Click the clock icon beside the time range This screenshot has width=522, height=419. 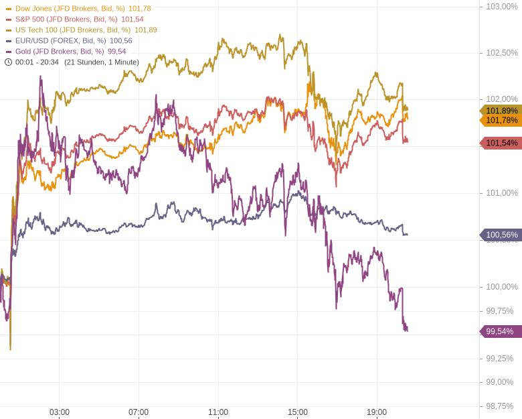tap(9, 62)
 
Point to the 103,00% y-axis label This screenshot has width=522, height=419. tap(501, 7)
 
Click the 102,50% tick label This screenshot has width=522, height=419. tap(501, 53)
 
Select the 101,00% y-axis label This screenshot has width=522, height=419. tap(501, 193)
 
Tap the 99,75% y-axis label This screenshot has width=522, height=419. tap(499, 311)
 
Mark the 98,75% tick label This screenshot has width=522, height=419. tap(499, 406)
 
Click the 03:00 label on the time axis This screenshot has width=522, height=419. tap(60, 412)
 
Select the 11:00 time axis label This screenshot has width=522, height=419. tap(218, 412)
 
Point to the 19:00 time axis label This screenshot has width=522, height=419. tap(377, 412)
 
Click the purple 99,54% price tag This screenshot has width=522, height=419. tap(501, 331)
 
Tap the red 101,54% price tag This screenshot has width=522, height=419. tap(501, 143)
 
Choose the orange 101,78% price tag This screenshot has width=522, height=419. tap(501, 121)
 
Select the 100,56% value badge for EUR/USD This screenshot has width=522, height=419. tap(501, 235)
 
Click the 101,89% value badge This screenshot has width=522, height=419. tap(501, 110)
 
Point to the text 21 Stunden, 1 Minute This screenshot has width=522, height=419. tap(102, 62)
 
